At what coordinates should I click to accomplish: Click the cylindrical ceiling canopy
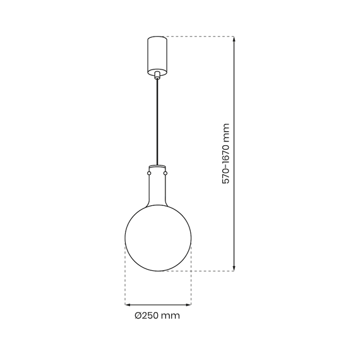157,54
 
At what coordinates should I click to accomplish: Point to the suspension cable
157,120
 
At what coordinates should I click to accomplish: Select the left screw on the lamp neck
149,172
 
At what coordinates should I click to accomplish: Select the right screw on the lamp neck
166,172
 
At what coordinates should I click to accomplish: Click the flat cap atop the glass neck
157,167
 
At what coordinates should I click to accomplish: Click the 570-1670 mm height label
225,153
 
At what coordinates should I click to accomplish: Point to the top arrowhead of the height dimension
234,40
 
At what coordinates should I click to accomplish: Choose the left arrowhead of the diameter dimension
128,302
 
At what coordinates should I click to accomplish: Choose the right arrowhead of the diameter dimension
188,302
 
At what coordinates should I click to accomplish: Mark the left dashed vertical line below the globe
125,278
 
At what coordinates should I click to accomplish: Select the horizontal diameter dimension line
158,302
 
